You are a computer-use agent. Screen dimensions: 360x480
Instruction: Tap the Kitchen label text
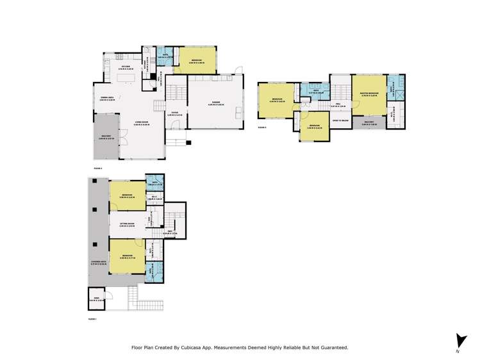126,66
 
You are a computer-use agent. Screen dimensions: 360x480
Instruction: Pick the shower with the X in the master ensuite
400,94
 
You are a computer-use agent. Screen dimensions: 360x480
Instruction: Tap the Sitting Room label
128,224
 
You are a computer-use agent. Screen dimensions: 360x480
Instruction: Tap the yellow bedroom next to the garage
197,61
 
